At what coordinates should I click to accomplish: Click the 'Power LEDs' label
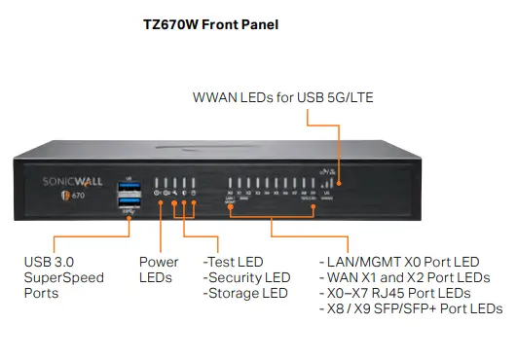click(159, 270)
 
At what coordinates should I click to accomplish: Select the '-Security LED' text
click(246, 277)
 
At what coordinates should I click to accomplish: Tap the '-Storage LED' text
click(244, 293)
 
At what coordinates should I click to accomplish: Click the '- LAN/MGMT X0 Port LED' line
click(399, 262)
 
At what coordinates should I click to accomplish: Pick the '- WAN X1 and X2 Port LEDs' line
click(404, 277)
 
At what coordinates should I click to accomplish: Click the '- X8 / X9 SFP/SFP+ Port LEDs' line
click(410, 308)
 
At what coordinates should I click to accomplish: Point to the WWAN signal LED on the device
click(339, 181)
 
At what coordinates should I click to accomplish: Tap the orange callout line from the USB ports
click(88, 236)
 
